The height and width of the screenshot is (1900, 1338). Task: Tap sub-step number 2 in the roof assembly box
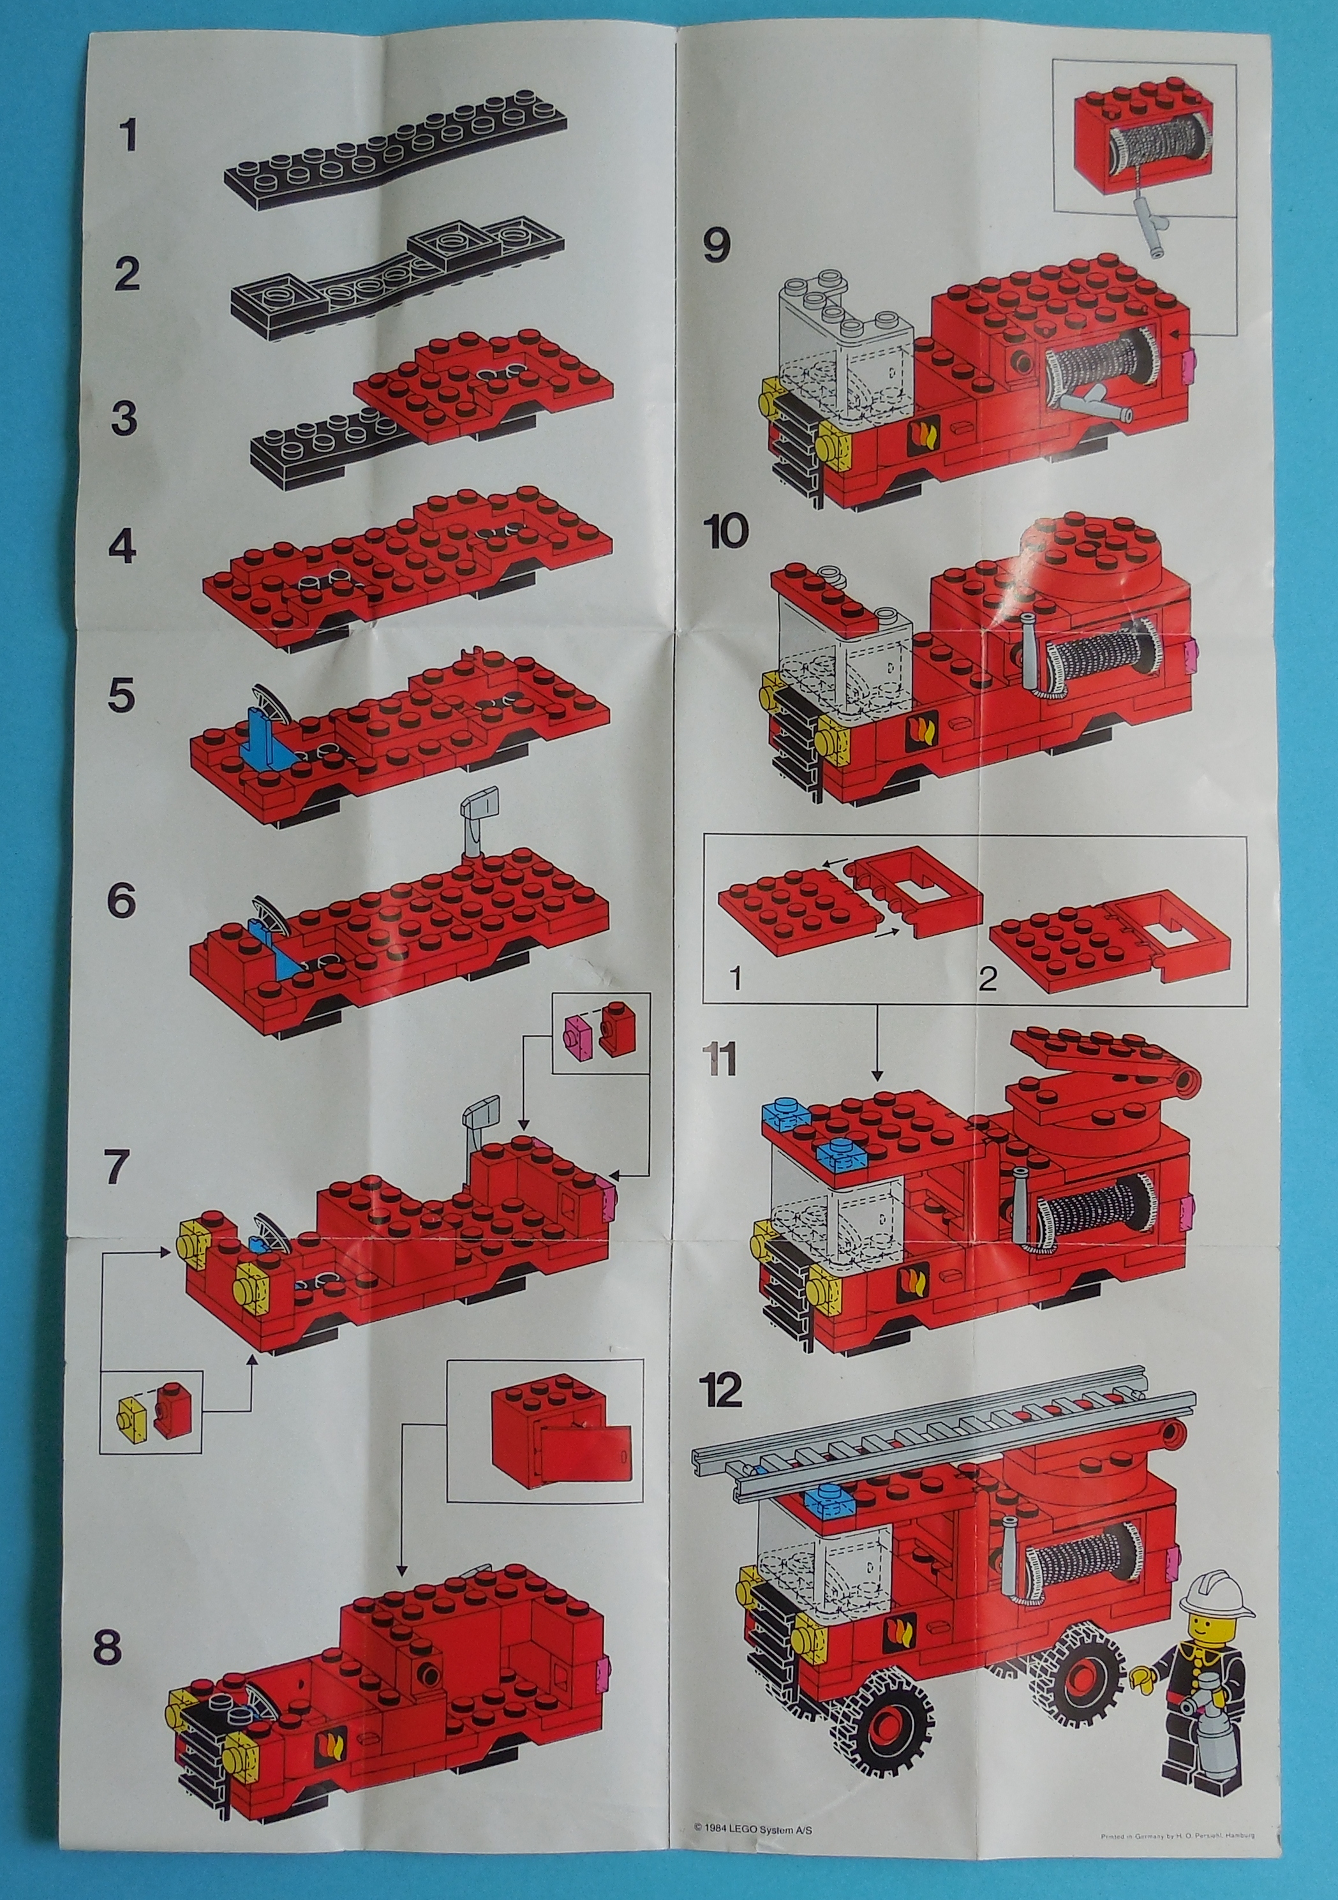(987, 981)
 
